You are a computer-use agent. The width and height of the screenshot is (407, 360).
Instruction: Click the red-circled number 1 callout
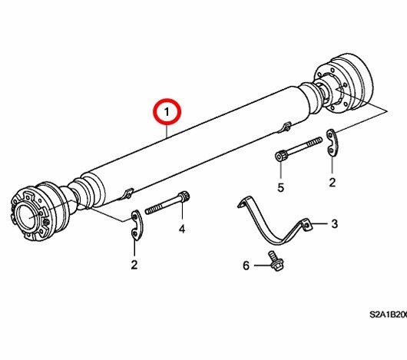click(167, 112)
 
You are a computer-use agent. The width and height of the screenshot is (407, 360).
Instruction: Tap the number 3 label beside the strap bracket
click(335, 223)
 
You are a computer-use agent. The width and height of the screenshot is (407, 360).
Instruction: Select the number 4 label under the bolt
click(182, 229)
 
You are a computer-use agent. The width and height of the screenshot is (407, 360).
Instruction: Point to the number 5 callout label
click(281, 187)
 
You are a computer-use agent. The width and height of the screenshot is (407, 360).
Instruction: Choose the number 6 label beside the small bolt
click(246, 266)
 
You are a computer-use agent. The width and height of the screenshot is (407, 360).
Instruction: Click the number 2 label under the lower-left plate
click(134, 265)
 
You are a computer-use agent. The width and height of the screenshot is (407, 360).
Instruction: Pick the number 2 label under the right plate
click(333, 183)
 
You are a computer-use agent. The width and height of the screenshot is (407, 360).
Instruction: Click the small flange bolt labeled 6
click(276, 262)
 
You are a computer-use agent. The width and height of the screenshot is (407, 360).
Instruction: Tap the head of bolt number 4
click(185, 196)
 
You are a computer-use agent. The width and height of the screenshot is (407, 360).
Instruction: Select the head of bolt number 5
click(280, 157)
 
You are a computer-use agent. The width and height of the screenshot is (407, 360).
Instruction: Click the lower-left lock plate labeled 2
click(136, 225)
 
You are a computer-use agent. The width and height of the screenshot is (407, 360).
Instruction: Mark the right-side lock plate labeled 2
click(332, 143)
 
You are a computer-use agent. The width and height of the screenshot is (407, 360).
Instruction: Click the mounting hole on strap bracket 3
click(307, 225)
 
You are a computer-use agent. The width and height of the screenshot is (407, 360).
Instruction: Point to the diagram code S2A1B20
click(388, 315)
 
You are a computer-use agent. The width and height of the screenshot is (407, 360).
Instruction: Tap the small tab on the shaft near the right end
click(285, 127)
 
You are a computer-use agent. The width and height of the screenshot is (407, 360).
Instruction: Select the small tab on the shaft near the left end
click(128, 193)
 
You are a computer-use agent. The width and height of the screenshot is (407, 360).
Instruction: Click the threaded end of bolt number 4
click(156, 208)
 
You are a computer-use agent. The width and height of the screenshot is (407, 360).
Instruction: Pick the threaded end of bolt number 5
click(313, 143)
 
